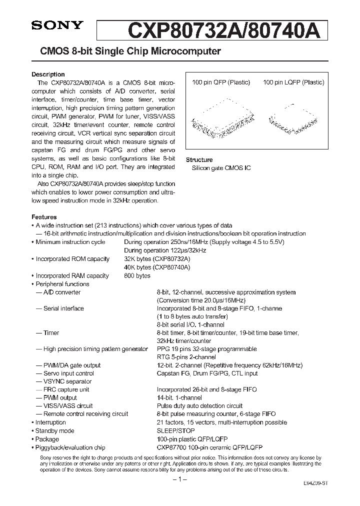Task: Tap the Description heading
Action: [x=48, y=74]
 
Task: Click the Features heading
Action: [x=44, y=217]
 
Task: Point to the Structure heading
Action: [x=199, y=160]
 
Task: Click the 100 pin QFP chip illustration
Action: [x=220, y=119]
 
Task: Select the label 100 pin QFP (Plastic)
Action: [x=220, y=82]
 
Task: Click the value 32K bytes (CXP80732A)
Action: [x=157, y=259]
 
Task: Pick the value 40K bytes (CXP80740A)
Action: [x=157, y=267]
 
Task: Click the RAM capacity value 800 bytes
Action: [x=137, y=275]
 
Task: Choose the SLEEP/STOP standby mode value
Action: [x=175, y=430]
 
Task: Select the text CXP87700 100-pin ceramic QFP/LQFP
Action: [x=209, y=447]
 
